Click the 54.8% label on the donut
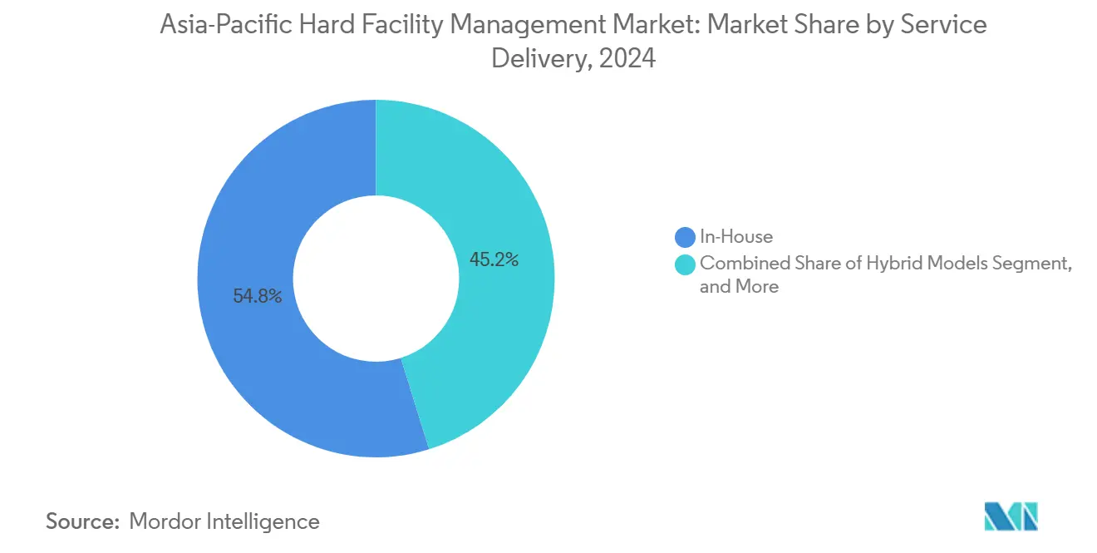click(x=258, y=296)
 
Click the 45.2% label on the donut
click(x=494, y=259)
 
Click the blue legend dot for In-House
click(x=686, y=237)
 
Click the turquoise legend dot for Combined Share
click(x=686, y=264)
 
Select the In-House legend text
click(x=736, y=237)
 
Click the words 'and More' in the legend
click(x=739, y=287)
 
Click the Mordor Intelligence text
click(x=224, y=521)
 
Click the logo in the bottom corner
click(x=1011, y=516)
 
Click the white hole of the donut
click(x=376, y=279)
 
